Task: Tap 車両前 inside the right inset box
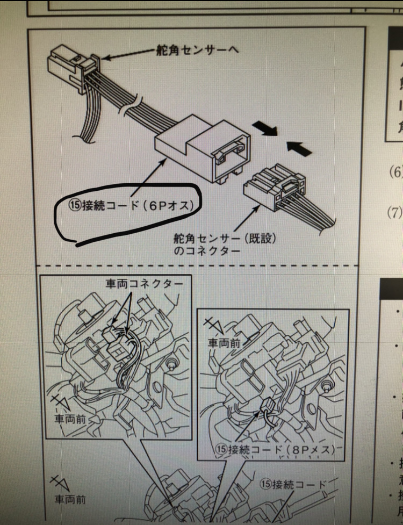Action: click(222, 342)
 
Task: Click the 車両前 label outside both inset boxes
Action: click(70, 498)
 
